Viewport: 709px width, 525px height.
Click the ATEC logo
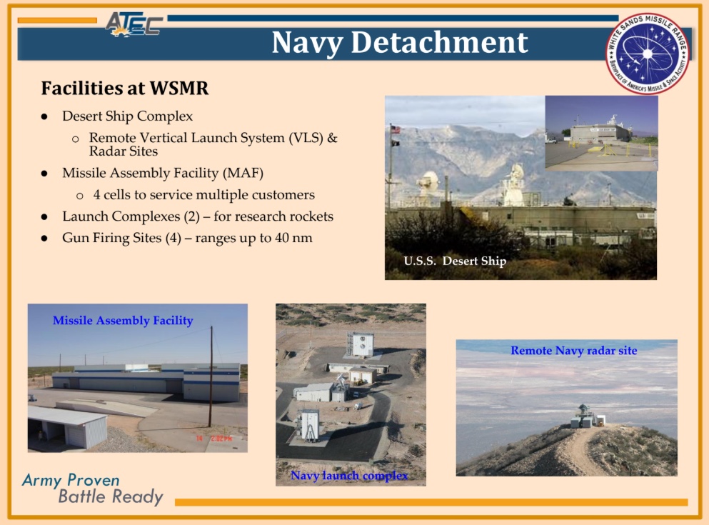tap(134, 24)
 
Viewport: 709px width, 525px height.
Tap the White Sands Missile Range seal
tap(648, 54)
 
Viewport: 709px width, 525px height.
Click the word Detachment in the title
tap(439, 43)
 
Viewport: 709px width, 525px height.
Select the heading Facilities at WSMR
tap(125, 88)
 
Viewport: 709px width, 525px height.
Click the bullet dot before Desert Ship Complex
tap(44, 116)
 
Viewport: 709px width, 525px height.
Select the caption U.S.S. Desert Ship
tap(455, 261)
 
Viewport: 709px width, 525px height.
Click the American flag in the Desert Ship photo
tap(396, 130)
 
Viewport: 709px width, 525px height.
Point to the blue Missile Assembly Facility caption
tap(123, 321)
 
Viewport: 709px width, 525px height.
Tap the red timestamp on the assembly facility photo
tap(214, 439)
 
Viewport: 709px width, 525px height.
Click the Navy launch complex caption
tap(349, 476)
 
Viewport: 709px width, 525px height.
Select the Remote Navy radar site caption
tap(574, 351)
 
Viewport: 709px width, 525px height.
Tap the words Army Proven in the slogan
tap(71, 480)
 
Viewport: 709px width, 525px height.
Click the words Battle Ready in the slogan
tap(111, 496)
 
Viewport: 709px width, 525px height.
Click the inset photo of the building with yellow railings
tap(601, 133)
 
